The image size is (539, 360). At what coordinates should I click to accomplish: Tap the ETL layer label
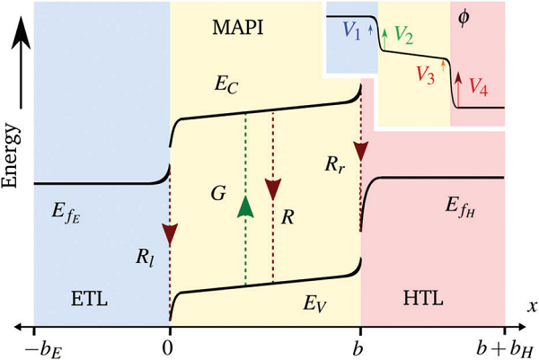tap(86, 296)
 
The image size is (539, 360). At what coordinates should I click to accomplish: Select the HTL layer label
tap(426, 296)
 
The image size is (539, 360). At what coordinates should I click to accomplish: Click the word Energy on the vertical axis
tap(12, 144)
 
